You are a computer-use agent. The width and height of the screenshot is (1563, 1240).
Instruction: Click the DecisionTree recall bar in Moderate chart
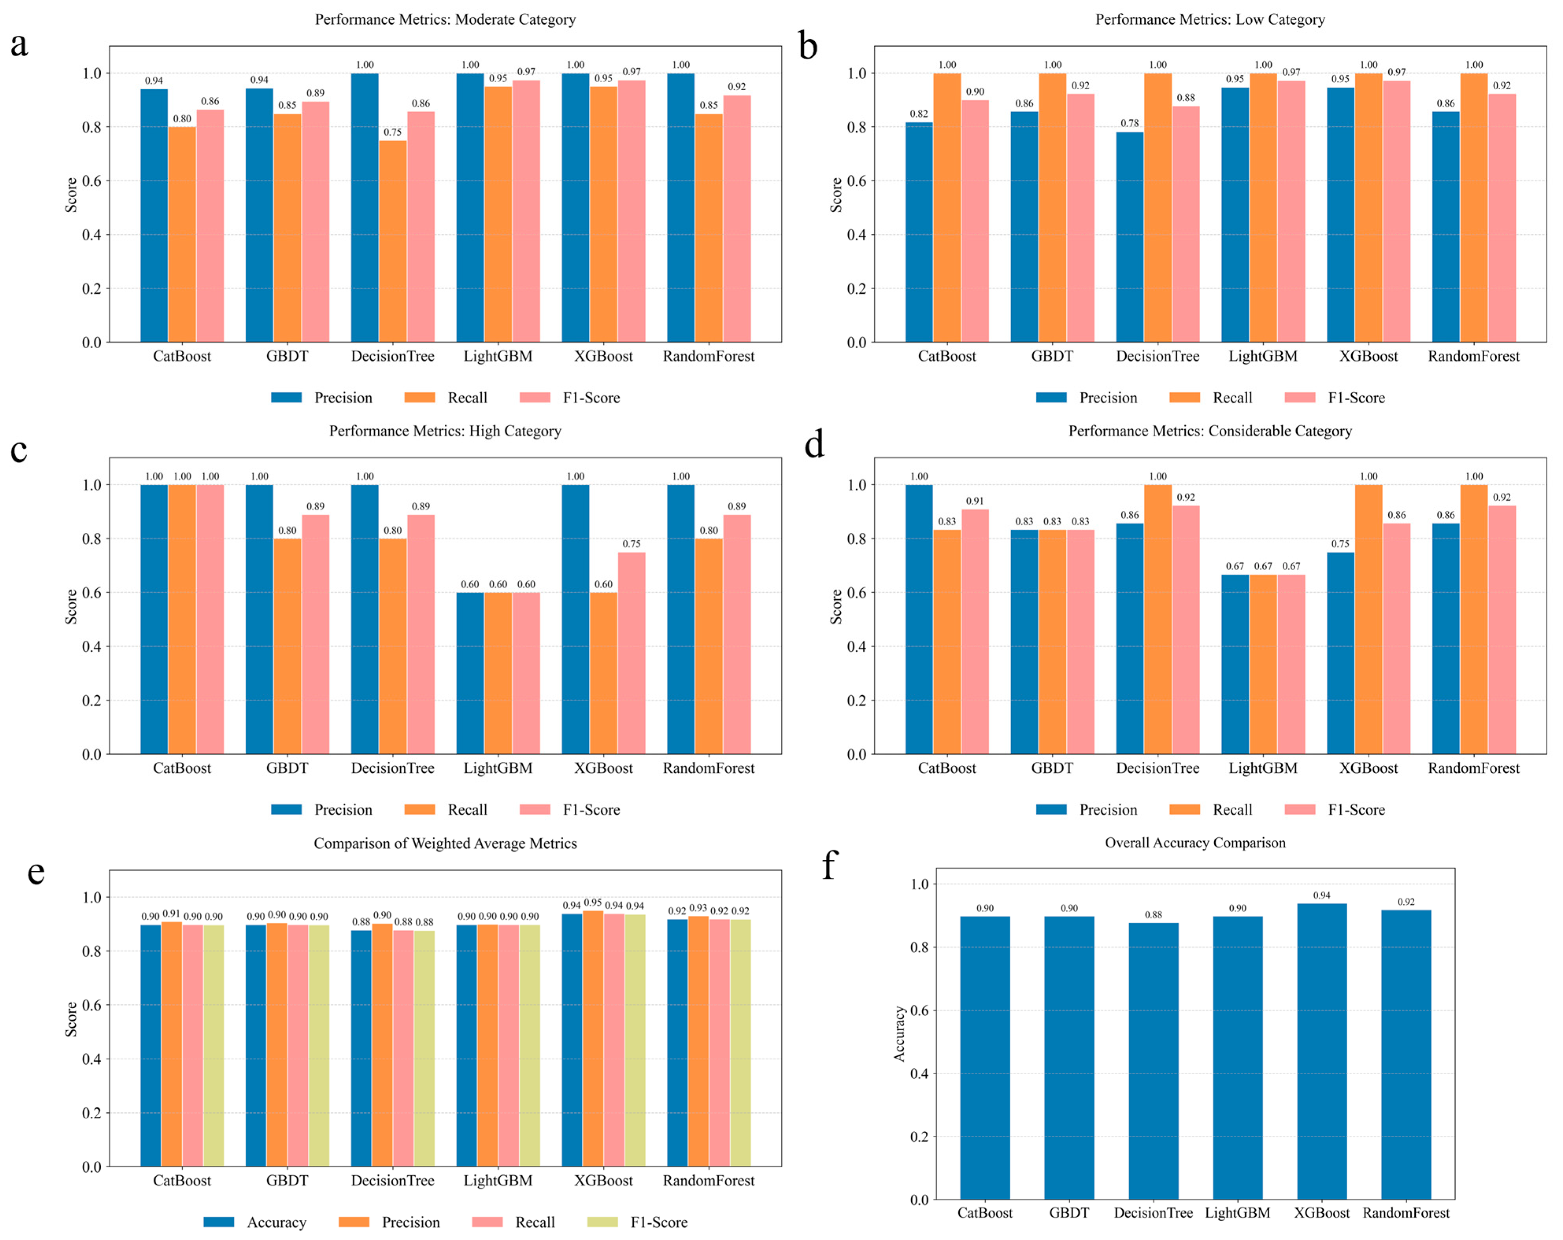click(392, 241)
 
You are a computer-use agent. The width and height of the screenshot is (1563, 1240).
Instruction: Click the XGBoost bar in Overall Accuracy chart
click(1322, 1052)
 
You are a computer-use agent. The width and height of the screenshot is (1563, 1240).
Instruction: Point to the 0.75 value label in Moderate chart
click(392, 132)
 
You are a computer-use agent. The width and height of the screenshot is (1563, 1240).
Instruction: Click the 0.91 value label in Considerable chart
click(974, 501)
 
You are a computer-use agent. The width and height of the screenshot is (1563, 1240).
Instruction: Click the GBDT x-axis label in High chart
click(287, 768)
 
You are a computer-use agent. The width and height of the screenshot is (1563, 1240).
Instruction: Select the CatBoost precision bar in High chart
click(154, 620)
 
